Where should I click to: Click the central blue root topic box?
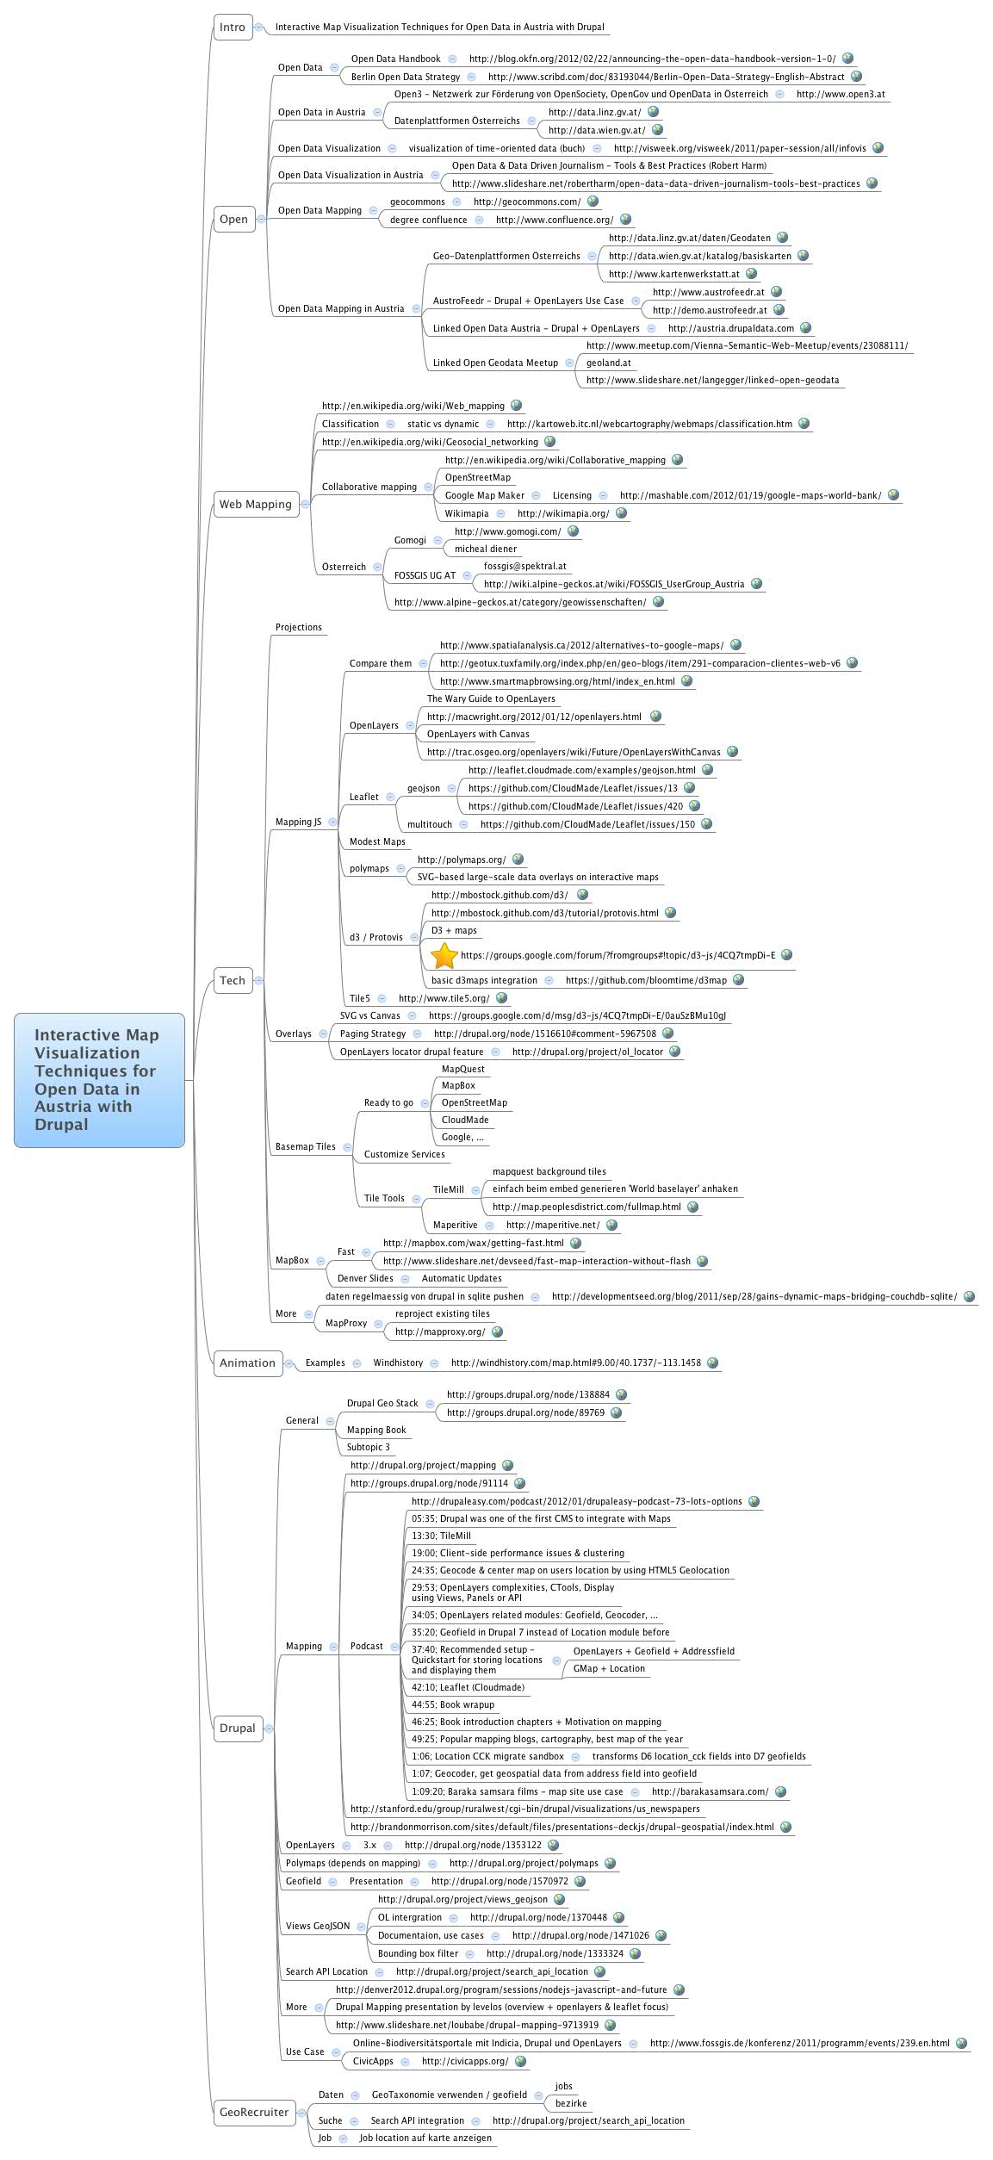click(x=99, y=1080)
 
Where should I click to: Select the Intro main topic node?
click(x=233, y=27)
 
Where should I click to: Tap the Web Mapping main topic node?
click(x=255, y=504)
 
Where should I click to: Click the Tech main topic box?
click(x=233, y=980)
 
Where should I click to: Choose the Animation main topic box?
click(x=247, y=1362)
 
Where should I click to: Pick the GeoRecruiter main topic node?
click(x=254, y=2112)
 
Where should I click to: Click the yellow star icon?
click(x=444, y=955)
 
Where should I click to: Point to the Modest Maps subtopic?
click(x=377, y=841)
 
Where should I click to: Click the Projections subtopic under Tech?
click(x=298, y=627)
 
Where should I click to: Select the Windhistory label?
click(x=398, y=1362)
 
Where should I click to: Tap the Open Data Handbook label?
click(x=395, y=59)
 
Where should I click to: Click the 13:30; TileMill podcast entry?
click(x=441, y=1536)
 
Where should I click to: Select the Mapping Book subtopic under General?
click(x=376, y=1430)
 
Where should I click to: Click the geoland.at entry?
click(x=608, y=363)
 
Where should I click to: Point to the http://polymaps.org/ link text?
click(x=462, y=860)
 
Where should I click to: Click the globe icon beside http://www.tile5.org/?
click(x=502, y=997)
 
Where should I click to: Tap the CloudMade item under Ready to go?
click(x=465, y=1120)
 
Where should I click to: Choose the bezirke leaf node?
click(x=571, y=2103)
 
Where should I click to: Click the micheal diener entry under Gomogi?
click(x=486, y=549)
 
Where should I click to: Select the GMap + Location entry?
click(x=609, y=1668)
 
